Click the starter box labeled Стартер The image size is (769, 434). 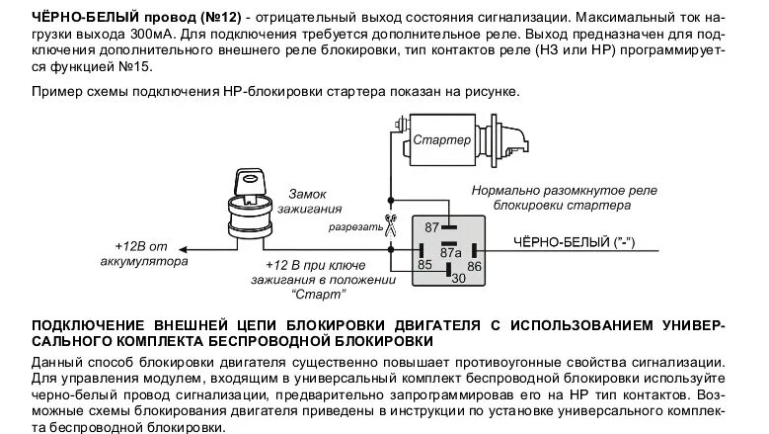(x=441, y=140)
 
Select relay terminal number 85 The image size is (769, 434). (x=425, y=265)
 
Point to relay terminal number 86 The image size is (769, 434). (x=474, y=265)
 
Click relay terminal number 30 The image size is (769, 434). (x=457, y=279)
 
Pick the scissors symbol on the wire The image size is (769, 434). (x=390, y=224)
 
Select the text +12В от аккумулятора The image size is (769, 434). (x=142, y=254)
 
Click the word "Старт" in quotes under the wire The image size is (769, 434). (x=311, y=294)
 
